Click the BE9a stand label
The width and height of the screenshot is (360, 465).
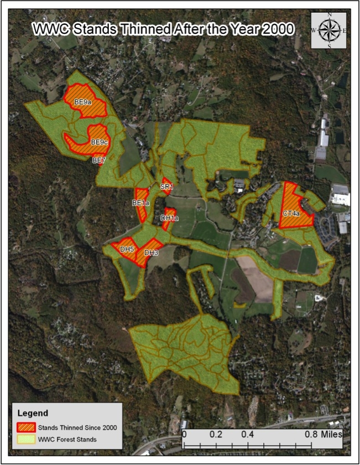[x=83, y=102]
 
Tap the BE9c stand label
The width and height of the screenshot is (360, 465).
[x=99, y=142]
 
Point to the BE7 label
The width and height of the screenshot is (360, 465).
[x=99, y=161]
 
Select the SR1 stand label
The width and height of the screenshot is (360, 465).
[x=166, y=187]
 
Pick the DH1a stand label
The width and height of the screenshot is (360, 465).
[x=169, y=219]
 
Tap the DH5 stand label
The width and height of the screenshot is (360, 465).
[x=127, y=250]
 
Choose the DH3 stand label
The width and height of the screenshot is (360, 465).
[x=151, y=253]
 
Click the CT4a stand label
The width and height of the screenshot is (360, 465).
[x=291, y=213]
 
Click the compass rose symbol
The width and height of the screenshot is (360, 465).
[x=330, y=30]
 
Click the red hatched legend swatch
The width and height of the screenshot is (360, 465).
[x=26, y=428]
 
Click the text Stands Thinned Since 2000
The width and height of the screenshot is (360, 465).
[x=77, y=428]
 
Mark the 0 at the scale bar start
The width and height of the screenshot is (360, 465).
[x=184, y=434]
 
